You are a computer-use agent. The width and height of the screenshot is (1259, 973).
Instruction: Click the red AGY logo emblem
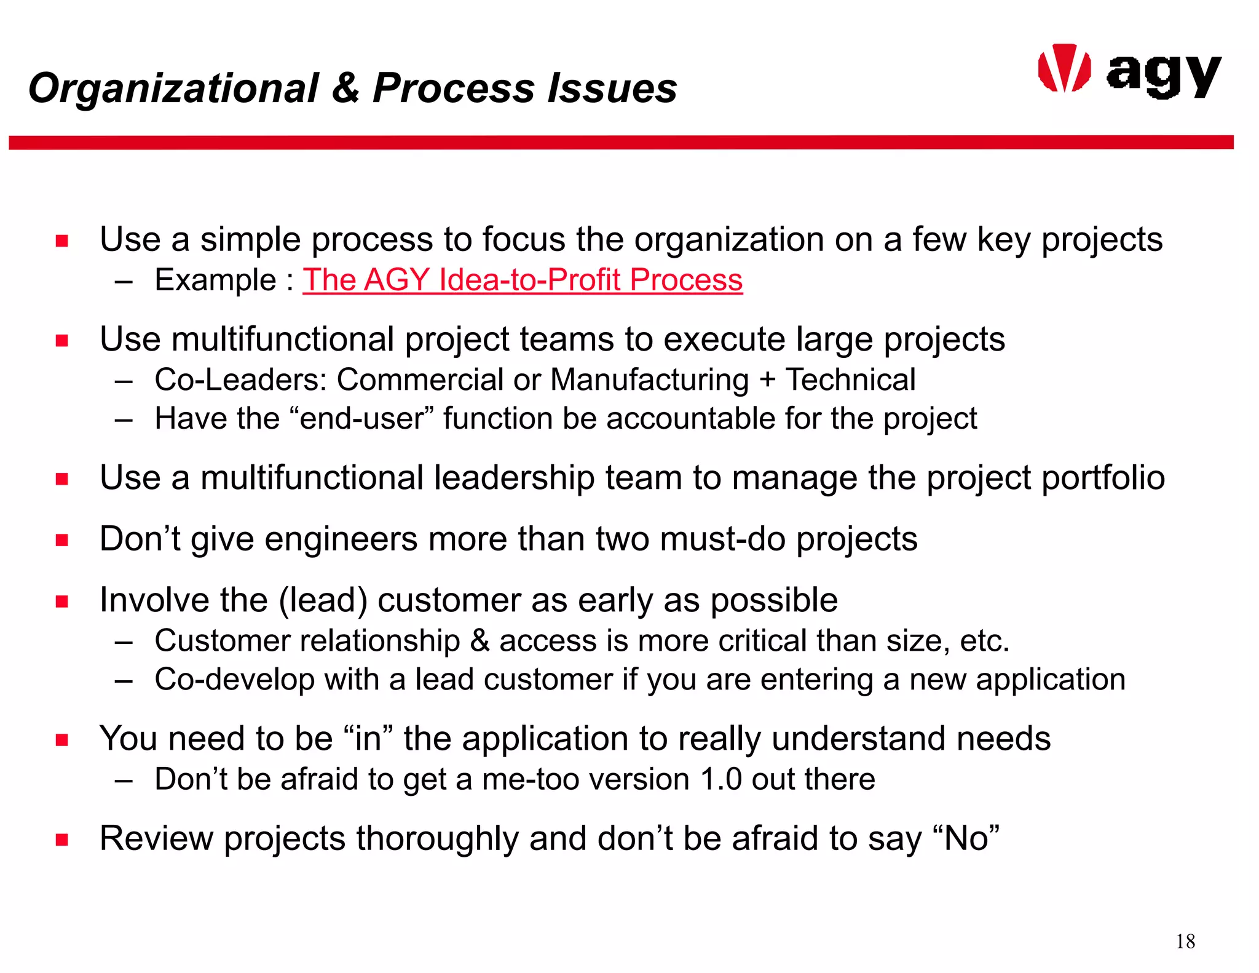tap(1064, 69)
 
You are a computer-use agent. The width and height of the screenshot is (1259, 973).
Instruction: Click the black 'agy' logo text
tap(1163, 75)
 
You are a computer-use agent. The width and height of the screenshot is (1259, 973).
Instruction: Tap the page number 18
tap(1185, 941)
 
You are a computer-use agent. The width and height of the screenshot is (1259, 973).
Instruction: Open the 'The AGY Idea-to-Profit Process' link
tap(523, 280)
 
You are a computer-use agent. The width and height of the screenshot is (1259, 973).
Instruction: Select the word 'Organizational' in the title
tap(173, 87)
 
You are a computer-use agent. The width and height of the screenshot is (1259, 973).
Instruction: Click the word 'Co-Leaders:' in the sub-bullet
tap(240, 379)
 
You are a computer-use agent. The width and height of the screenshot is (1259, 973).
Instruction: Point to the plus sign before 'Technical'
tap(767, 379)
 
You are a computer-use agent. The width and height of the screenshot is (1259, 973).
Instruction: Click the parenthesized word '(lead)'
tap(323, 600)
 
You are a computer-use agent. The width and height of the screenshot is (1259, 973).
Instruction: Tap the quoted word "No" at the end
tap(966, 838)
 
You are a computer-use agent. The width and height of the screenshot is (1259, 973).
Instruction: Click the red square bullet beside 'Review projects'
tap(61, 840)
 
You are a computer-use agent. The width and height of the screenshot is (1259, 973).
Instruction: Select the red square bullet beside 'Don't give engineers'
tap(61, 540)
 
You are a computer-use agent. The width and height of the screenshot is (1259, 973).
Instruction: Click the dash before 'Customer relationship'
tap(124, 642)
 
